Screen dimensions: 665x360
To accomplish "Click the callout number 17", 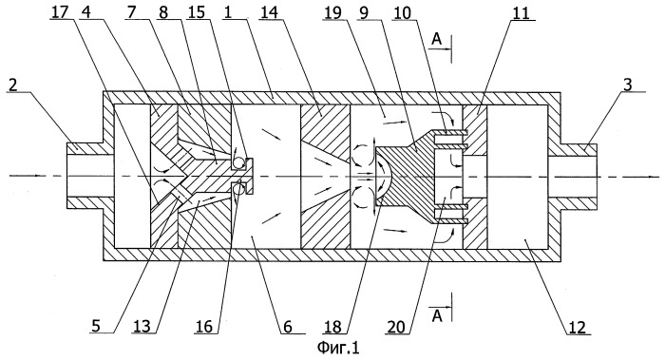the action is point(59,12).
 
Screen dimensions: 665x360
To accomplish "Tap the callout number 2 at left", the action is point(13,85).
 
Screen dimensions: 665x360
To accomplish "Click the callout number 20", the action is point(396,327).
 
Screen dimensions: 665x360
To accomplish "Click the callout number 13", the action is point(142,327).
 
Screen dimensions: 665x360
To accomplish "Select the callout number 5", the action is point(96,327).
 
